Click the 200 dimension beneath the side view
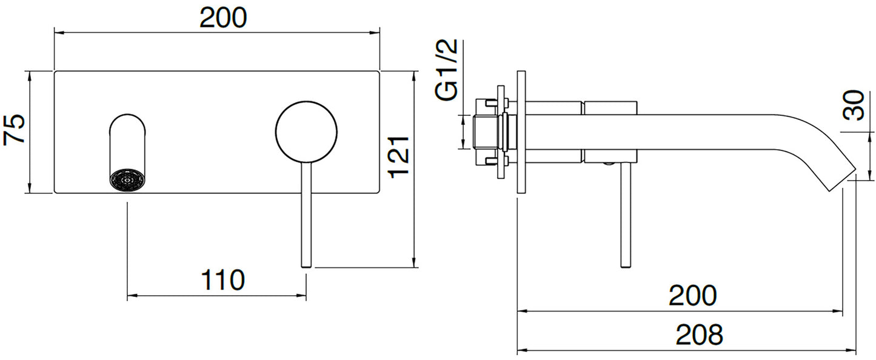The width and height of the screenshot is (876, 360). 692,296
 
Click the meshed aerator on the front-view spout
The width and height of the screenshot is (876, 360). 127,180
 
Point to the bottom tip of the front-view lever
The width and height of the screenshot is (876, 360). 306,264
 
